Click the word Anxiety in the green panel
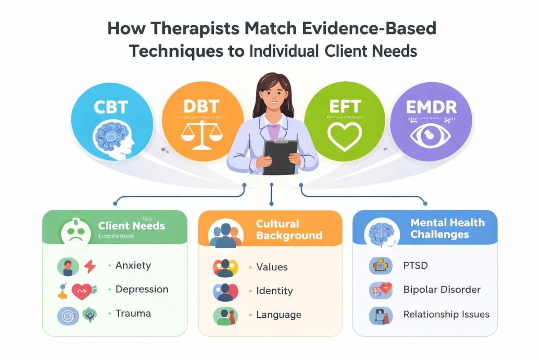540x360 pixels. tap(133, 265)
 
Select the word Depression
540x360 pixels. tap(142, 289)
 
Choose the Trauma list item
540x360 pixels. tap(133, 313)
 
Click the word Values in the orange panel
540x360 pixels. tap(272, 267)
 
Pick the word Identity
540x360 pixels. tap(274, 291)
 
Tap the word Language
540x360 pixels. tap(279, 315)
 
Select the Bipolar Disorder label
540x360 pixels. tap(442, 289)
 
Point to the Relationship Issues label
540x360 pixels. tap(446, 314)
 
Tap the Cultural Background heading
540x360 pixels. tap(289, 229)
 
